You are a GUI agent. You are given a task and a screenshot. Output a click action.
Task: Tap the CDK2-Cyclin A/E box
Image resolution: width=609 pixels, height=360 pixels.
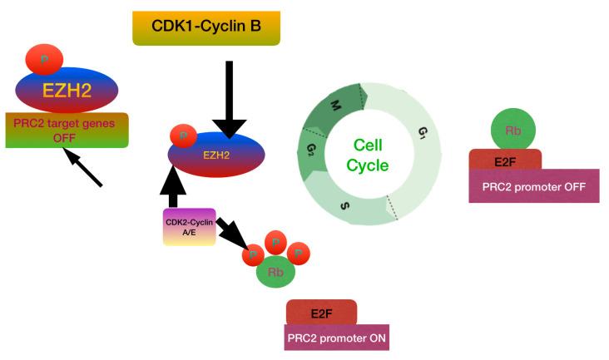coord(190,227)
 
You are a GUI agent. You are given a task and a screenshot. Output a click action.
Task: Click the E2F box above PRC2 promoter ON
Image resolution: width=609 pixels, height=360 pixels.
coord(321,313)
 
